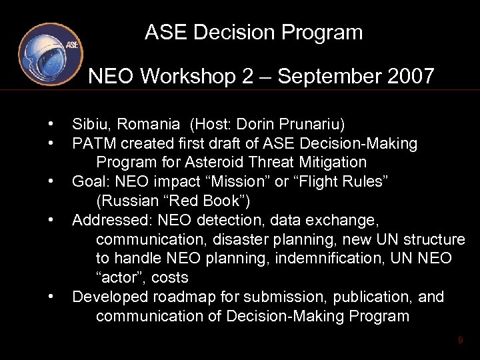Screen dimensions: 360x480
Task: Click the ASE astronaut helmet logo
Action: point(50,54)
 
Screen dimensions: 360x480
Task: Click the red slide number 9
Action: point(460,341)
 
